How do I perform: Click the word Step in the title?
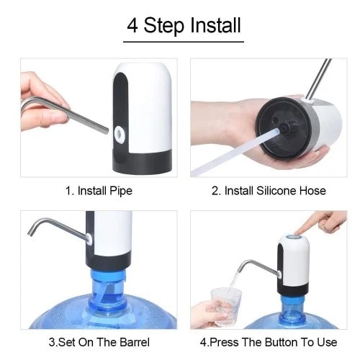[x=163, y=26]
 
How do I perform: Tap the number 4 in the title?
[x=132, y=25]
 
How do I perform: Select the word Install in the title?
[x=215, y=24]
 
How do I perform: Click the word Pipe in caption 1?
[x=121, y=192]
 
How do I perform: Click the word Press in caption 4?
[x=224, y=342]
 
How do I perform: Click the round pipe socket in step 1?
[x=120, y=134]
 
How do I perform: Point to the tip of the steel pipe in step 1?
[x=107, y=131]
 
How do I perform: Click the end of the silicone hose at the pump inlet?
[x=278, y=131]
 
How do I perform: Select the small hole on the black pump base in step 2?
[x=276, y=119]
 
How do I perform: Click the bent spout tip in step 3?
[x=31, y=233]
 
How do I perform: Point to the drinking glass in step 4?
[x=226, y=307]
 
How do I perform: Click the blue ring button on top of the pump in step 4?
[x=293, y=238]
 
